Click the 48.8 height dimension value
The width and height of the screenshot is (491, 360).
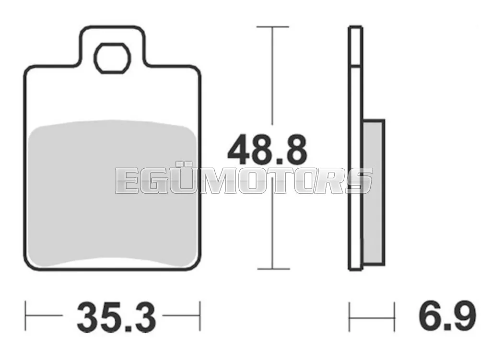(267, 150)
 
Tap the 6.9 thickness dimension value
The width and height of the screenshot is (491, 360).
(447, 315)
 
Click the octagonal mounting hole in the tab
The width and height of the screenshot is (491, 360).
(112, 58)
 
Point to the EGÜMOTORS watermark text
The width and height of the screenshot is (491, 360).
(244, 181)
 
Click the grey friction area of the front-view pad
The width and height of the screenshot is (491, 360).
(112, 194)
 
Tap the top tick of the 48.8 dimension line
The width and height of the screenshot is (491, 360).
(272, 27)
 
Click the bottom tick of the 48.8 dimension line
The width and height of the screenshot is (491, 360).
(273, 268)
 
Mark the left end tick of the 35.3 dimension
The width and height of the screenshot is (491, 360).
(26, 316)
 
